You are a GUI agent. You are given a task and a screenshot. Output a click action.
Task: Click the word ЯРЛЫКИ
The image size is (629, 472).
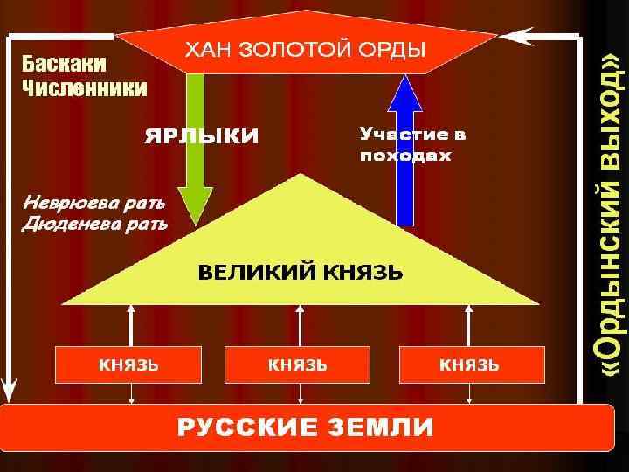[x=201, y=136]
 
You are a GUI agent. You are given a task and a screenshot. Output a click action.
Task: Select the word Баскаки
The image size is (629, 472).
[x=64, y=65]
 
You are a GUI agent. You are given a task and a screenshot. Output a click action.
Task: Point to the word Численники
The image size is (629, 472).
[x=84, y=87]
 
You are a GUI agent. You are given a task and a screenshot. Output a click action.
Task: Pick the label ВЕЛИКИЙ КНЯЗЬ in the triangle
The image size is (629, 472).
[x=300, y=272]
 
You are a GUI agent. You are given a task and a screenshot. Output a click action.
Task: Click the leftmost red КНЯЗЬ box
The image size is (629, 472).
[x=128, y=364]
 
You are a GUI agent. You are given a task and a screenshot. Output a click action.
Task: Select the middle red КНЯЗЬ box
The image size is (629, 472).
[x=298, y=364]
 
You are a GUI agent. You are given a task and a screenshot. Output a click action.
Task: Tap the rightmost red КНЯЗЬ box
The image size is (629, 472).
[x=470, y=364]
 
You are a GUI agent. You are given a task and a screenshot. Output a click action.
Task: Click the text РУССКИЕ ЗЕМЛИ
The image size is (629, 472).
[x=306, y=427]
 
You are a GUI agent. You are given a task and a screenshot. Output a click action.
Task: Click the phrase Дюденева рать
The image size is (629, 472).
[x=94, y=224]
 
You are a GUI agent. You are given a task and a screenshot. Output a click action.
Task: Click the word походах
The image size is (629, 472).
[x=405, y=156]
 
